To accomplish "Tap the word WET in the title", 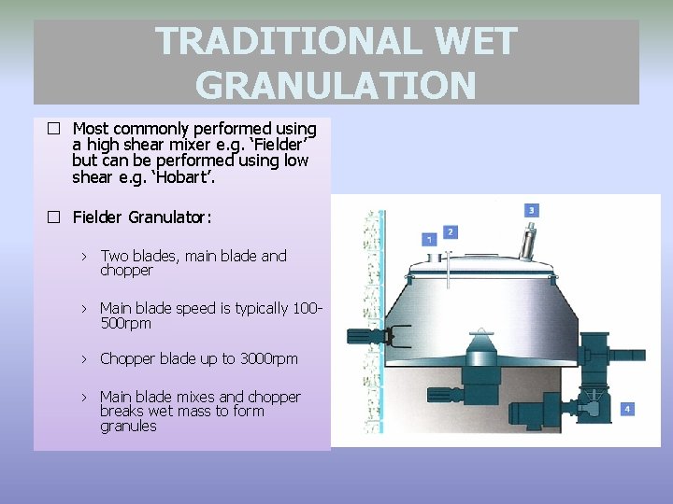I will (475, 42).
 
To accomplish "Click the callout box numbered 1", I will (429, 239).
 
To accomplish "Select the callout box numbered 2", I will (451, 231).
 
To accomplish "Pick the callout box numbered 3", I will (532, 210).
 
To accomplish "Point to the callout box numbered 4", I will (627, 409).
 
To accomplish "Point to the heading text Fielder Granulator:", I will (142, 217).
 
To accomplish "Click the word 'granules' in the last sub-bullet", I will (128, 427).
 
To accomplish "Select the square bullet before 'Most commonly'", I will (54, 129).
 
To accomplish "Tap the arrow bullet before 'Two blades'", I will (83, 256).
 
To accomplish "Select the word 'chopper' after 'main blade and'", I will (126, 271).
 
